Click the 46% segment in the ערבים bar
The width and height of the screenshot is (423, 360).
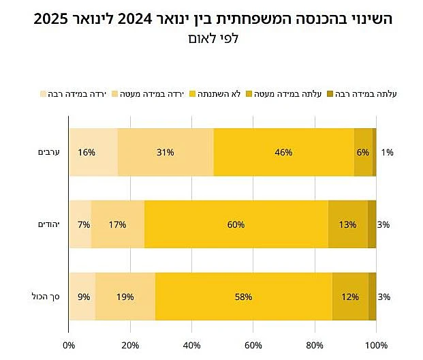283,152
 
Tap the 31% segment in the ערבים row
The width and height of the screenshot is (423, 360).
166,152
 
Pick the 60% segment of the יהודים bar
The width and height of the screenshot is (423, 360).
236,224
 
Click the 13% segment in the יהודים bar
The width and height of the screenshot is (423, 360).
347,224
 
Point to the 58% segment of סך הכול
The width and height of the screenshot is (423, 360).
243,297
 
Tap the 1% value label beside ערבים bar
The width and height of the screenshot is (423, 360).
387,152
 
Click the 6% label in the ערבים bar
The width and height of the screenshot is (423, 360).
362,152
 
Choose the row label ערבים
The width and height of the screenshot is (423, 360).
49,152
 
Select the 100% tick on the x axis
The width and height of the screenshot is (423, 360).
376,345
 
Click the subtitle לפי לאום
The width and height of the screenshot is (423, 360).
212,39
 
